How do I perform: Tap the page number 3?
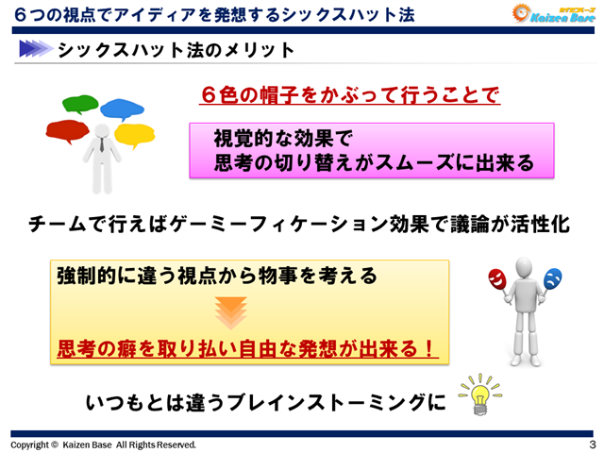[x=591, y=445]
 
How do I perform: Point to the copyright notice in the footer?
[x=104, y=445]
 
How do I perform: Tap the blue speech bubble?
[x=122, y=107]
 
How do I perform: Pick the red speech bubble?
[x=66, y=129]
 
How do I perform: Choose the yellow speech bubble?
[x=134, y=134]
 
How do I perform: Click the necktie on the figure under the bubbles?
[x=99, y=144]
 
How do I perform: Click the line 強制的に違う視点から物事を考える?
[x=217, y=276]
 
